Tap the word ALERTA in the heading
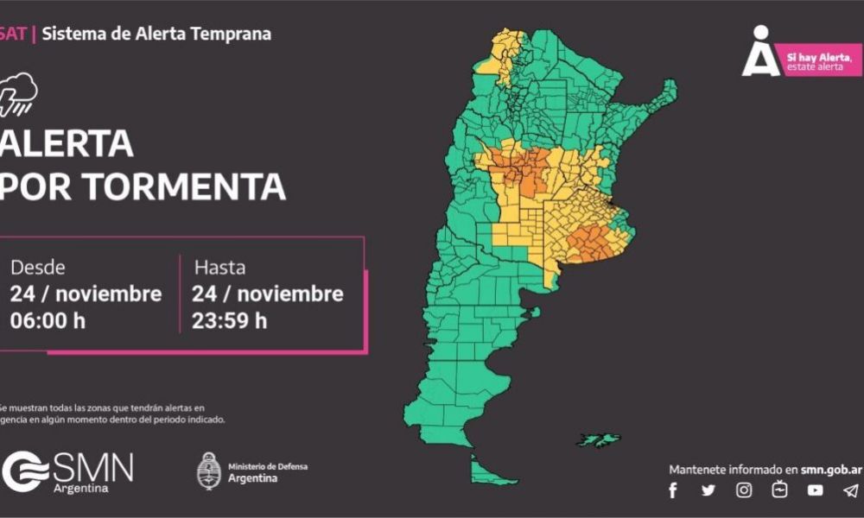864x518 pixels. (67, 143)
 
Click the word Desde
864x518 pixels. (37, 268)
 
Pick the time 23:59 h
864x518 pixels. (231, 320)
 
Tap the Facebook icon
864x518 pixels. (673, 490)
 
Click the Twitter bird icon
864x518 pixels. (708, 490)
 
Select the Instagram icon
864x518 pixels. (744, 490)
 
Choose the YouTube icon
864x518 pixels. (815, 490)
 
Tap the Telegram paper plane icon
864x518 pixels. (851, 490)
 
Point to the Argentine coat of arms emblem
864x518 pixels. (208, 471)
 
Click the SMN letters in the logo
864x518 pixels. (93, 469)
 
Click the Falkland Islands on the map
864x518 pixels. (599, 440)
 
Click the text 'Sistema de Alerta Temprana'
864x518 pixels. (156, 35)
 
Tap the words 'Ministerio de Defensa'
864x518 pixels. (267, 466)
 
